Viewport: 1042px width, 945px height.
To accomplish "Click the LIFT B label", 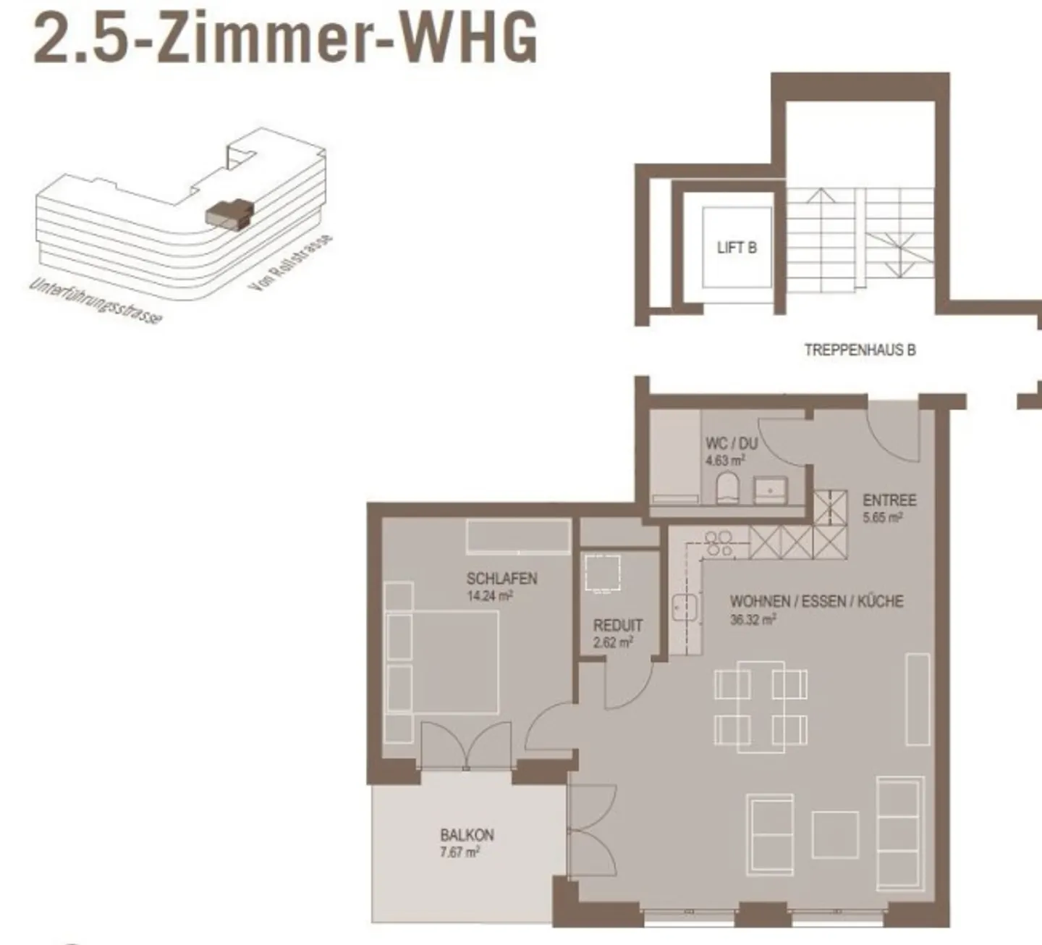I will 737,248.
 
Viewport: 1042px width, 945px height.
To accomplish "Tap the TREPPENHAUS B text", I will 860,350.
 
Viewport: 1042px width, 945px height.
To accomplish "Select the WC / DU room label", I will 731,443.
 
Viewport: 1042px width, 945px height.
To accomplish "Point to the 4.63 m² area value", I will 725,461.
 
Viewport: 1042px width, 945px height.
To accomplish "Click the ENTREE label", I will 889,500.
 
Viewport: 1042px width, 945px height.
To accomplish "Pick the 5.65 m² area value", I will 882,518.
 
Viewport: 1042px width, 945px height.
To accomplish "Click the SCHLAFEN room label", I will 501,579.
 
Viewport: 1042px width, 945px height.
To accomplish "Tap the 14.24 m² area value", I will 490,597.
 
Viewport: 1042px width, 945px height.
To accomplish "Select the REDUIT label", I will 617,625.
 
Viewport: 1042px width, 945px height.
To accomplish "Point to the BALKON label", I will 467,835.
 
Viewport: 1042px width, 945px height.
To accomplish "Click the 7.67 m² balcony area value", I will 459,853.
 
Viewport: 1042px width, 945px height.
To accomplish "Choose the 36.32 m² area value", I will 753,620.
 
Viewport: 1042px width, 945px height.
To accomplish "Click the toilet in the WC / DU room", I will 727,490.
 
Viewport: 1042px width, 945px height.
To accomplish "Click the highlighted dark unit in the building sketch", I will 226,213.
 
